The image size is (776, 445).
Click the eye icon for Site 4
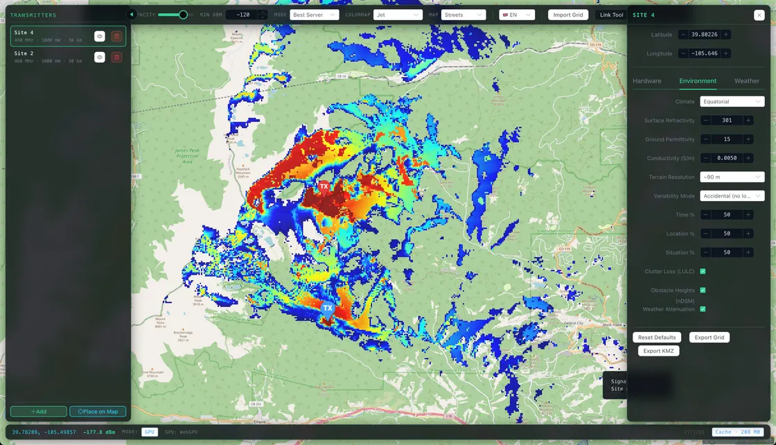[100, 37]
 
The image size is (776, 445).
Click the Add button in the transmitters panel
[39, 412]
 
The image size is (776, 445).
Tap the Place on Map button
[98, 412]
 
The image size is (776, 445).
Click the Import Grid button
[568, 15]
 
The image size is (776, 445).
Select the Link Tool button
[611, 15]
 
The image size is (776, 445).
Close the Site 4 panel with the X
[759, 15]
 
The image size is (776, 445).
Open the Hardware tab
[646, 81]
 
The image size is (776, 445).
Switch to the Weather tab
[746, 81]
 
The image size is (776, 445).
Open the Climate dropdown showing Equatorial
[732, 102]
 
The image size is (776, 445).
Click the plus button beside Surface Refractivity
[748, 121]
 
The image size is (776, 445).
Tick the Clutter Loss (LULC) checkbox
[703, 272]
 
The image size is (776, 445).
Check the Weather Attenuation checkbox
[703, 309]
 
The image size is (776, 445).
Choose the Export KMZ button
[658, 351]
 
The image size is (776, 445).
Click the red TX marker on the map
[324, 187]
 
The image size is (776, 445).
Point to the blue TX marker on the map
[328, 308]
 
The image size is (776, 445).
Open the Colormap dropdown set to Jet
[398, 15]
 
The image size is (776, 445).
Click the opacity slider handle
[183, 15]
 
